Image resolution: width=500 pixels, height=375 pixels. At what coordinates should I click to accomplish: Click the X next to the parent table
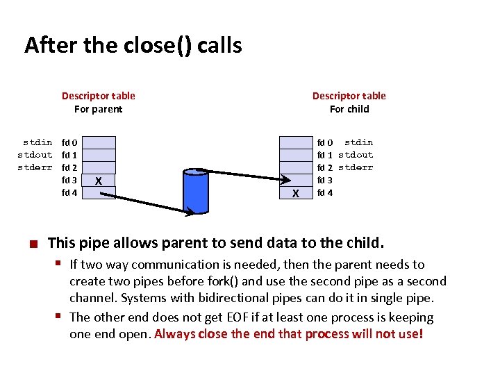99,181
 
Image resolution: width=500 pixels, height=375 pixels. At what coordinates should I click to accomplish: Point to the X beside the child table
296,193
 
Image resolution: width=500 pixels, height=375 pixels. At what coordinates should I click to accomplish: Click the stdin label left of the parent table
37,142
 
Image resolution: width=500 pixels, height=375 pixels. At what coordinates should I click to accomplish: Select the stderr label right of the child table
356,167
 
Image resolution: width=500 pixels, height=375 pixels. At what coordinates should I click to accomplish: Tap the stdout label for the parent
35,155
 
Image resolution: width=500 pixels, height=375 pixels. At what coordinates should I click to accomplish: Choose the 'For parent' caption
98,109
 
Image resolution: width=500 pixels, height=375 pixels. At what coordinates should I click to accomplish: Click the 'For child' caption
349,109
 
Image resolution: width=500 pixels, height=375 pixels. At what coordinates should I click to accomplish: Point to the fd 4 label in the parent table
69,192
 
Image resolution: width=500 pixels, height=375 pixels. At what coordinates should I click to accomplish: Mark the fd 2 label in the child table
326,167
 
